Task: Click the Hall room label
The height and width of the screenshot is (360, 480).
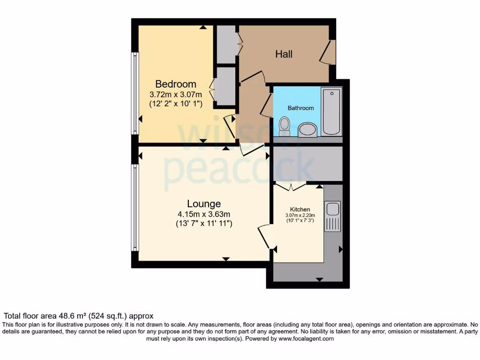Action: point(284,54)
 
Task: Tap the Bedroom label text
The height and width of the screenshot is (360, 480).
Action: point(176,84)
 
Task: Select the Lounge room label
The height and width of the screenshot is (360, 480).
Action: point(204,204)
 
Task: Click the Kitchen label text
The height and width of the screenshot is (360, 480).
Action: point(300,210)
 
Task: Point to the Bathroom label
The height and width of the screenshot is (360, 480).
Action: point(300,108)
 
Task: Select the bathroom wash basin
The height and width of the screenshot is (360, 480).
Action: point(307,128)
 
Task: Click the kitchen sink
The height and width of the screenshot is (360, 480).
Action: point(333,217)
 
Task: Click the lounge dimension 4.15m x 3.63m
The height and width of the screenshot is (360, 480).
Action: point(204,214)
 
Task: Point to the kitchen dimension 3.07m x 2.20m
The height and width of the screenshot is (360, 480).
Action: point(300,216)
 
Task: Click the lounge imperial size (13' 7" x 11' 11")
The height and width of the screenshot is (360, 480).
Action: point(204,224)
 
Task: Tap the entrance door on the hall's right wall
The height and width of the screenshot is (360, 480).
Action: point(328,52)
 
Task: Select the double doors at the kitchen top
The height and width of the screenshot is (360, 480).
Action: point(290,187)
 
